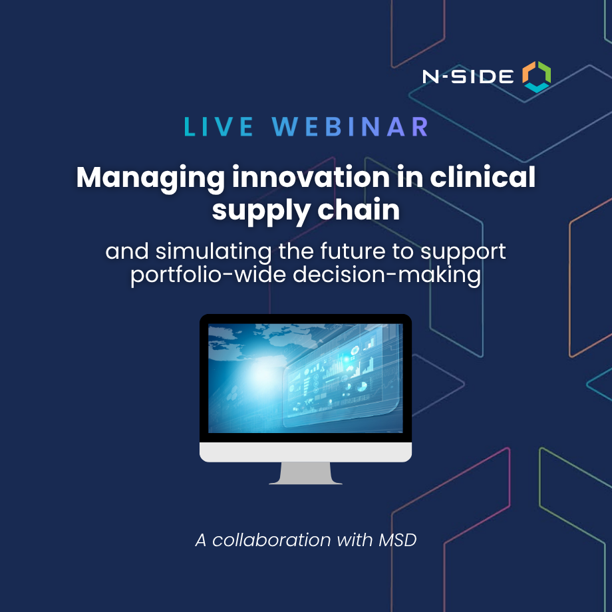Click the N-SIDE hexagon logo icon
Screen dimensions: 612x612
tap(536, 76)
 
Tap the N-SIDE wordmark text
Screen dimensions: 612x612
tap(468, 77)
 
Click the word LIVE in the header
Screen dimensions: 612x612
tap(218, 127)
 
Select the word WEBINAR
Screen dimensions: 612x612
tap(351, 127)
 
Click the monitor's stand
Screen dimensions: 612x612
tap(305, 473)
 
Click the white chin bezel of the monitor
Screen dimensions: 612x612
tap(305, 452)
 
